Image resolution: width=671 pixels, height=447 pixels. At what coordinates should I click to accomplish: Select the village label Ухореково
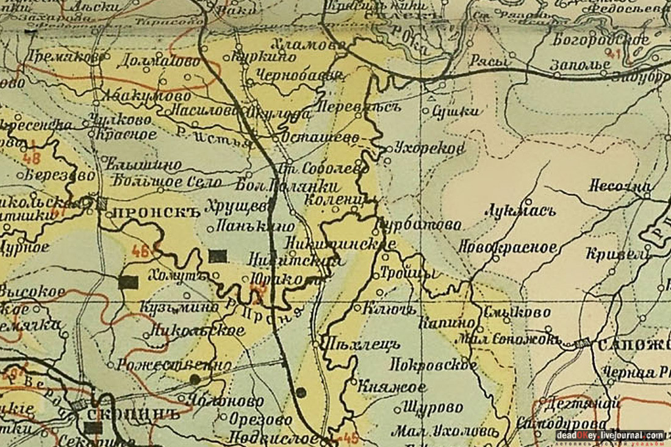(x=429, y=148)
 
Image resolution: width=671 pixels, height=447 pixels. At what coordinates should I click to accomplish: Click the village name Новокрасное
(x=508, y=248)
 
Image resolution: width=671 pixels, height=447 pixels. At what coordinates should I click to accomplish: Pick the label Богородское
(x=601, y=40)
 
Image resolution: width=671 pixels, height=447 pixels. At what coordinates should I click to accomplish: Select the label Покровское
(x=433, y=365)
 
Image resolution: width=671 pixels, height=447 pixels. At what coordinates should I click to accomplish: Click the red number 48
(x=33, y=157)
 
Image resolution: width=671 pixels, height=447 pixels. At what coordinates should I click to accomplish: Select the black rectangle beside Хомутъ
(x=128, y=282)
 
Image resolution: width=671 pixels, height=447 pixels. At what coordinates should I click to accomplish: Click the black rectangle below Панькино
(x=217, y=256)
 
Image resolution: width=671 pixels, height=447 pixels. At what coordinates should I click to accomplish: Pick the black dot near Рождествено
(x=195, y=379)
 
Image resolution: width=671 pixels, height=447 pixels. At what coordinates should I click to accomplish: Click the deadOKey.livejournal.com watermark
(x=609, y=435)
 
